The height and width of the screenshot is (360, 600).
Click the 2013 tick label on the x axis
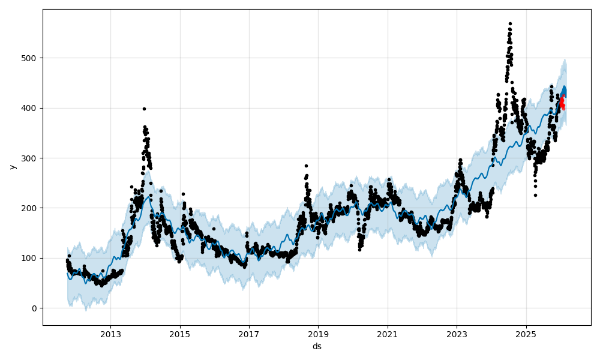click(110, 334)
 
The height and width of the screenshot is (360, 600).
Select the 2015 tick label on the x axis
click(179, 334)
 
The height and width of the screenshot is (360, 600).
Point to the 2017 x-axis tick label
click(249, 334)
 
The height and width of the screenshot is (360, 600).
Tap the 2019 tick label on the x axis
click(318, 334)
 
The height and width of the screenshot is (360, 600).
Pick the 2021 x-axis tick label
click(388, 334)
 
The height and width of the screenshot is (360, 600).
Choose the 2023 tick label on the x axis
click(457, 334)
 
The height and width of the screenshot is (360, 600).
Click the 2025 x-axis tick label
click(526, 334)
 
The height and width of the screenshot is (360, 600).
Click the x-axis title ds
click(317, 346)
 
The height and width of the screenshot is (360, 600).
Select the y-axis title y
click(12, 167)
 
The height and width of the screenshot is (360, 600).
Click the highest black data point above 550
click(510, 24)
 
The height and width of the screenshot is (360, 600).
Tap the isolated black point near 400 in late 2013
click(144, 109)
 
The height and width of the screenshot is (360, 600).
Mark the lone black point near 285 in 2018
click(306, 166)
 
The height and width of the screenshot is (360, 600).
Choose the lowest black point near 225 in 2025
click(535, 195)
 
